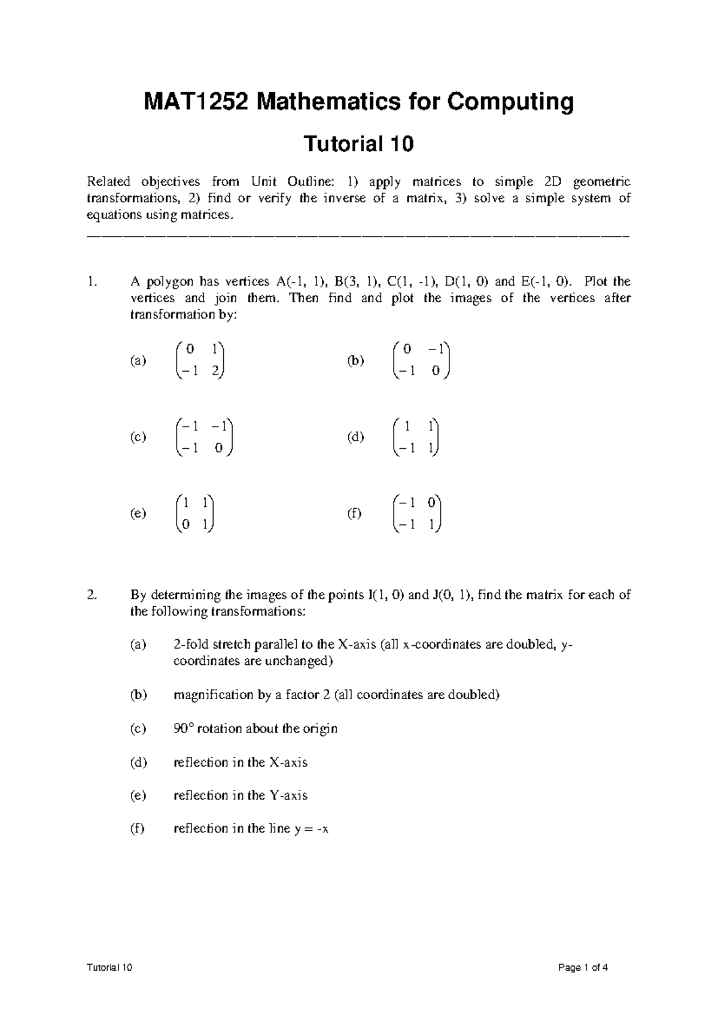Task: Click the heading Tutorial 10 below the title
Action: [x=359, y=144]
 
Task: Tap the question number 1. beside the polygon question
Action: [x=90, y=282]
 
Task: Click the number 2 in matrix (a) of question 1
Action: [x=215, y=372]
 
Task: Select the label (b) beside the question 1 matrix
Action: [x=355, y=361]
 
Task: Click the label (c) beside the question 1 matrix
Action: [x=138, y=437]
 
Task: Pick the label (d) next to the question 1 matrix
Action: [x=355, y=437]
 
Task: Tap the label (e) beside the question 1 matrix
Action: [x=138, y=513]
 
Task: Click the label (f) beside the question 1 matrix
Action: [x=355, y=513]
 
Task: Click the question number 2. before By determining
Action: [x=91, y=595]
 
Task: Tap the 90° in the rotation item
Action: [x=182, y=729]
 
